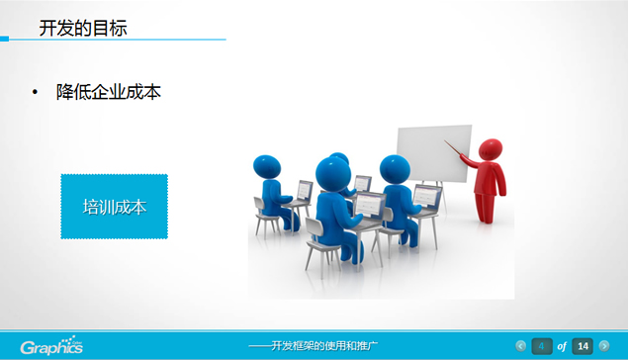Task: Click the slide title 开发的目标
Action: (82, 28)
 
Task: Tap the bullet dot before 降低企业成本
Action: (36, 93)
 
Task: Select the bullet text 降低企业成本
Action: (109, 92)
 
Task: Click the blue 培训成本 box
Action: (114, 207)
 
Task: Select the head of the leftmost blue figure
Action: (266, 165)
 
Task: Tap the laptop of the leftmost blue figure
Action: (305, 190)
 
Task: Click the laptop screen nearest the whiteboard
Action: (426, 195)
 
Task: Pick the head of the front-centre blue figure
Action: (332, 174)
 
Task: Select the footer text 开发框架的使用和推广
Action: (314, 346)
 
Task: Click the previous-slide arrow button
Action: (521, 345)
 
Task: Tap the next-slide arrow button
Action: (604, 345)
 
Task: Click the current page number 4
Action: (542, 345)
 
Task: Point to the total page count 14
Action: (583, 345)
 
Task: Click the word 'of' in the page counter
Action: (562, 346)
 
